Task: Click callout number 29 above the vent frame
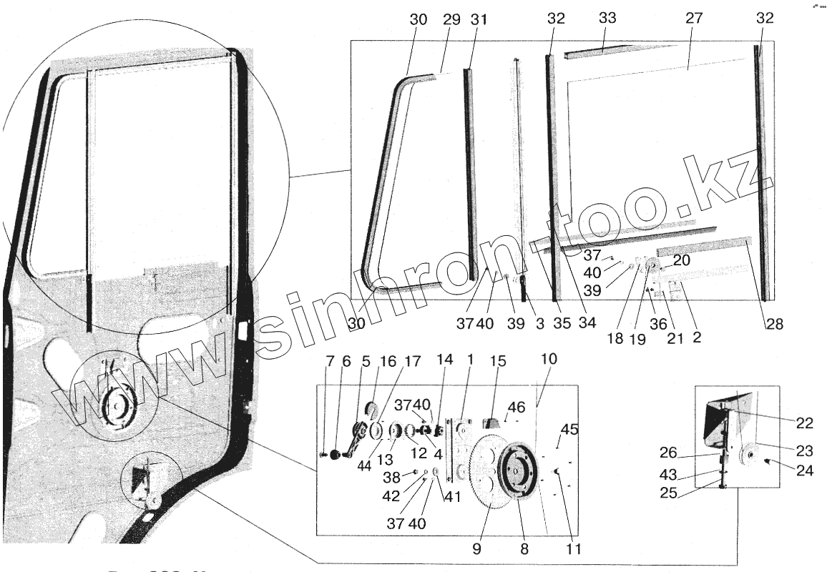pos(451,20)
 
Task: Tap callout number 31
pos(479,20)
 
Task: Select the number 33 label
pos(607,19)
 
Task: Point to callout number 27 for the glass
pos(694,19)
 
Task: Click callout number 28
pos(775,324)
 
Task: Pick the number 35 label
pos(562,324)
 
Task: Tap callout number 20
pos(681,261)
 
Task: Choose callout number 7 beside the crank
pos(329,363)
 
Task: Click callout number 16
pos(388,363)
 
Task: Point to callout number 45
pos(569,430)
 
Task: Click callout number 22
pos(804,423)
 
